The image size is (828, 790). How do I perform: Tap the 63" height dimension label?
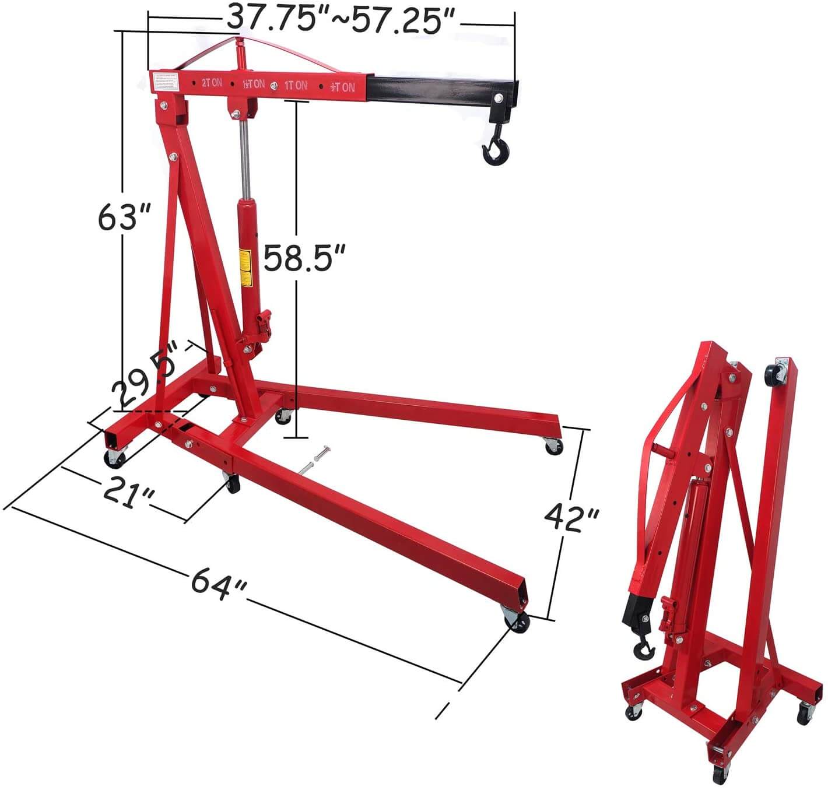coord(125,217)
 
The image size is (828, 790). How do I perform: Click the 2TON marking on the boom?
coord(211,83)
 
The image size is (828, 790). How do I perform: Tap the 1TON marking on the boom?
coord(295,85)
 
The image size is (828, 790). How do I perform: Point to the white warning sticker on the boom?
coord(164,81)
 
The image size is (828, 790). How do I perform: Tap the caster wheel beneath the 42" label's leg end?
coord(517,620)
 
